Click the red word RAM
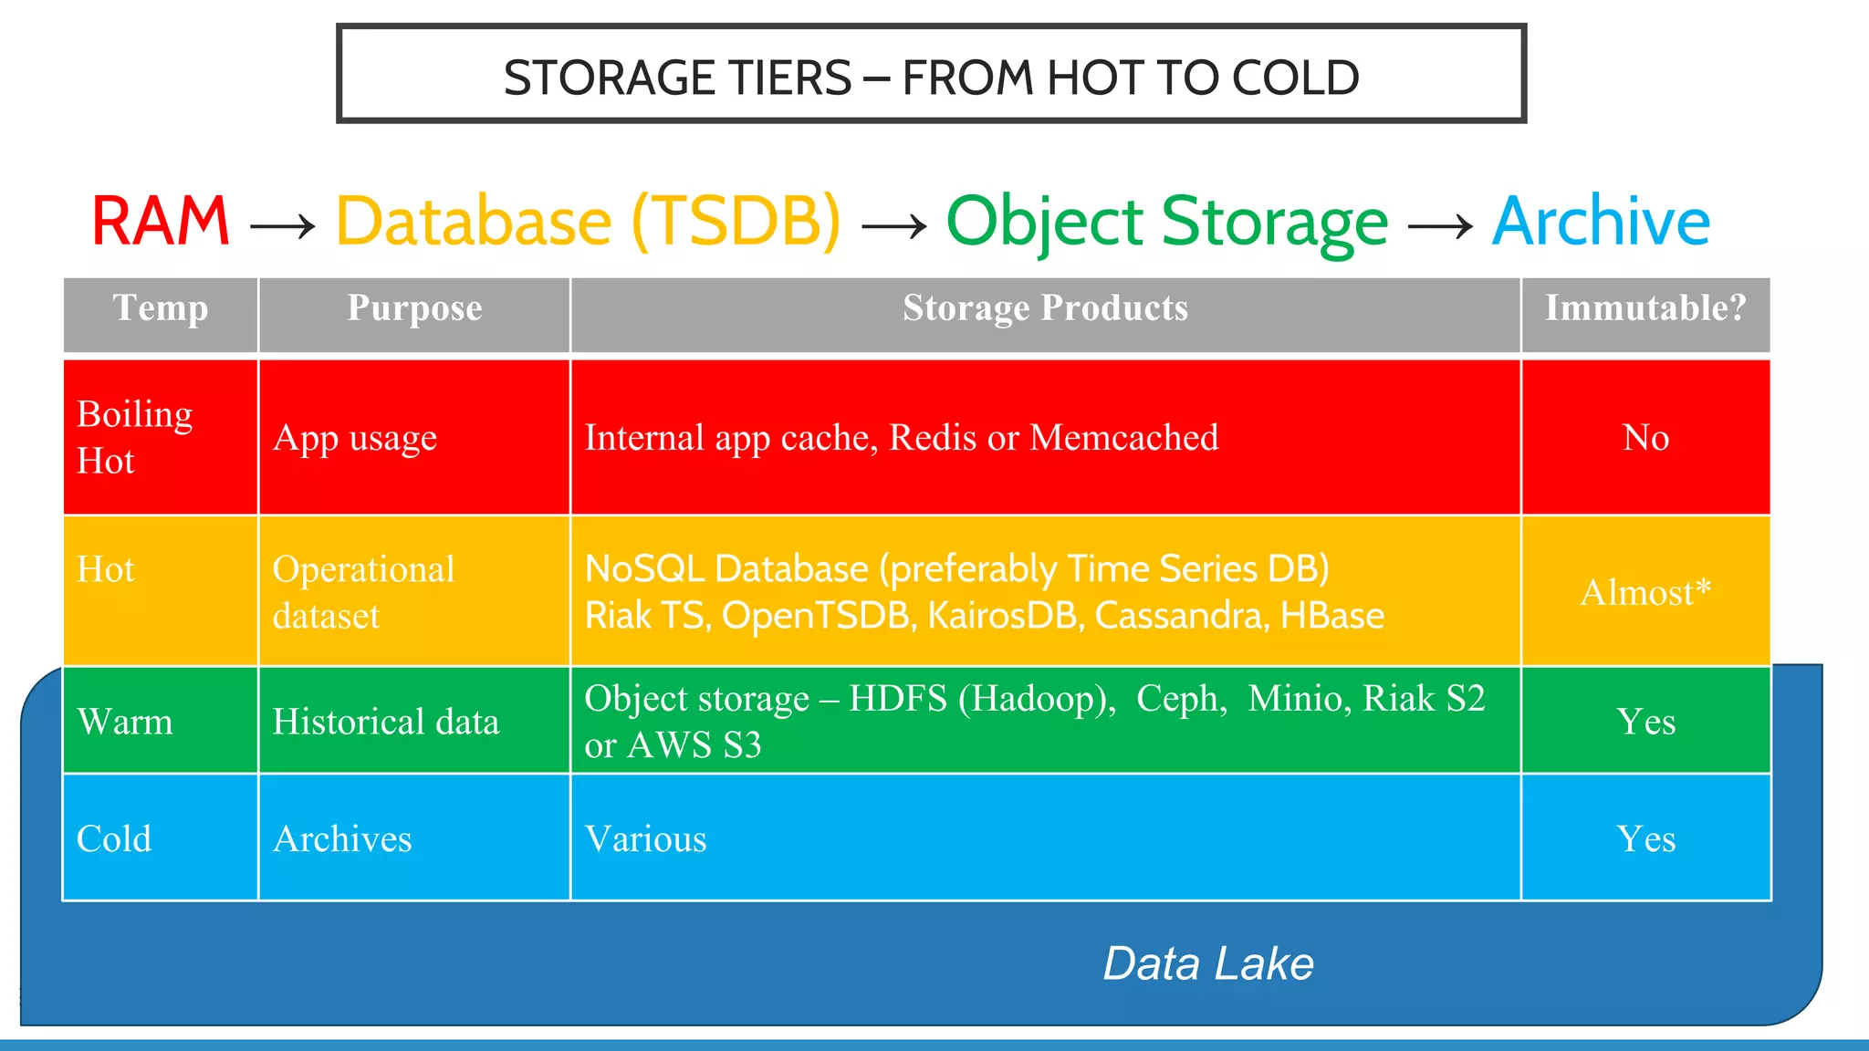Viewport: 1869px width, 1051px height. (161, 222)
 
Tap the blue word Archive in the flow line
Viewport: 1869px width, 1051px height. (1601, 222)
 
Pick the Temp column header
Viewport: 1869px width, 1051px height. (161, 308)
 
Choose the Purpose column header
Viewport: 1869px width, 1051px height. (414, 308)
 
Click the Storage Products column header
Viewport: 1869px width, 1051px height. (1045, 308)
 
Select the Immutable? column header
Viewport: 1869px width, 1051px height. (1645, 308)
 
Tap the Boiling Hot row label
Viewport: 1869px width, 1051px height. (135, 437)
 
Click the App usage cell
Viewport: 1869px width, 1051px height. (355, 438)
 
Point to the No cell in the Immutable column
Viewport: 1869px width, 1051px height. (1645, 438)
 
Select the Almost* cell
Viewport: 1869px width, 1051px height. (1645, 592)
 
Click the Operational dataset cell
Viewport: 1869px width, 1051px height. (363, 592)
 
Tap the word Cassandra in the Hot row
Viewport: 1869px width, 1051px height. (1177, 616)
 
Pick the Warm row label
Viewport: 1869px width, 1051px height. (125, 722)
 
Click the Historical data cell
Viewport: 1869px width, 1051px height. (386, 722)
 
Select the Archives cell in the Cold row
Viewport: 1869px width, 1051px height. (342, 838)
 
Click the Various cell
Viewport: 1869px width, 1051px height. (645, 838)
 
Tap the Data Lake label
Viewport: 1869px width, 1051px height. (1208, 963)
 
